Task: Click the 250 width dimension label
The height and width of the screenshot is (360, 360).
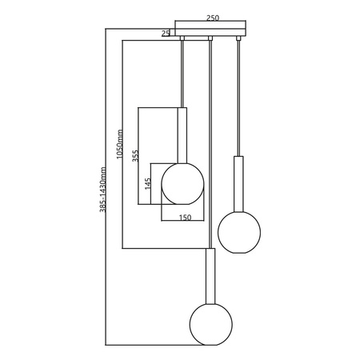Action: pos(213,18)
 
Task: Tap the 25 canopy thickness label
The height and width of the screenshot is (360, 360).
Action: pos(166,34)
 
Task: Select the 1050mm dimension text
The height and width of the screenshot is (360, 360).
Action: pos(120,144)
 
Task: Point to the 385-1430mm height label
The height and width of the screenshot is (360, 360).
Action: pos(102,190)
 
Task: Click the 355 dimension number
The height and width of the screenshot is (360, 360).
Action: pos(136,156)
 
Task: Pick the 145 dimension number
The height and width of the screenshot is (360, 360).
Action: pos(148,184)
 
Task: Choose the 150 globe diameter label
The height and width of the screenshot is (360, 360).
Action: pos(185,218)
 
